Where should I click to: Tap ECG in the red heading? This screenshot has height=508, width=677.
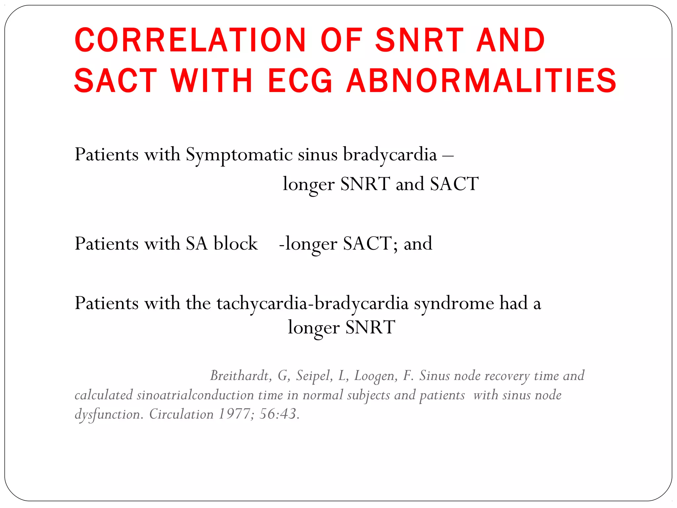300,81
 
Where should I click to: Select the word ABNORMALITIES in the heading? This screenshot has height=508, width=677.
481,81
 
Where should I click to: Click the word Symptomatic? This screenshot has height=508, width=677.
239,155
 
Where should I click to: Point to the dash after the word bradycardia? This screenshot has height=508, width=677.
448,155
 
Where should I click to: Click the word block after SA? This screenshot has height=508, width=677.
235,244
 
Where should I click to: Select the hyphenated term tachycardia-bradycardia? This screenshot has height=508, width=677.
312,303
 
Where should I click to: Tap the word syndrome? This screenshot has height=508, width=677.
454,303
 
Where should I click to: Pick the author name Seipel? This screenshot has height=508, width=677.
314,376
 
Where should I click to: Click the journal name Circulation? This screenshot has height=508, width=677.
181,414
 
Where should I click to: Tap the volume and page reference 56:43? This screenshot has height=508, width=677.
279,414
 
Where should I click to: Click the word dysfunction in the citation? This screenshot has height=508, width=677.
109,414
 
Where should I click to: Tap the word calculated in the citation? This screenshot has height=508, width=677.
103,395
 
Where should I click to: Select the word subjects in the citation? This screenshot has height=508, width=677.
368,395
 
